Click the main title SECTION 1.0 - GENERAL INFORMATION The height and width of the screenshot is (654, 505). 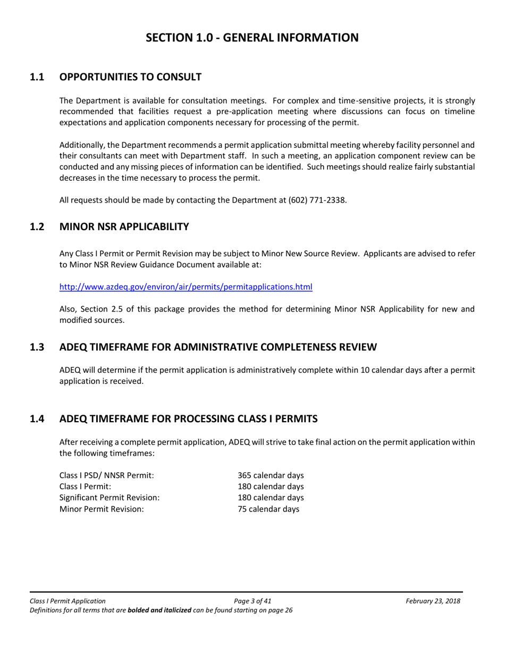coord(252,37)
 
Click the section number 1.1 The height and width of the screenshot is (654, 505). coord(37,77)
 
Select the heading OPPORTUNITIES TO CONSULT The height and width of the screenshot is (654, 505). coord(130,77)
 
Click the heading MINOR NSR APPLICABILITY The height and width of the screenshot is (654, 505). coord(124,227)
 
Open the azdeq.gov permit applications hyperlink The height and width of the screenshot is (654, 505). coord(186,287)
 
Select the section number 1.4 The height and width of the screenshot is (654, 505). coord(37,419)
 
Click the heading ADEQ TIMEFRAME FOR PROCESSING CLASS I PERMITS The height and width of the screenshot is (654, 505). coord(189,419)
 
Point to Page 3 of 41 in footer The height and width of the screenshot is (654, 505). coord(252,601)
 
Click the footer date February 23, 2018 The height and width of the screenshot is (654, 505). coord(433,601)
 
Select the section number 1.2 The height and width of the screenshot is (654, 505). coord(37,227)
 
